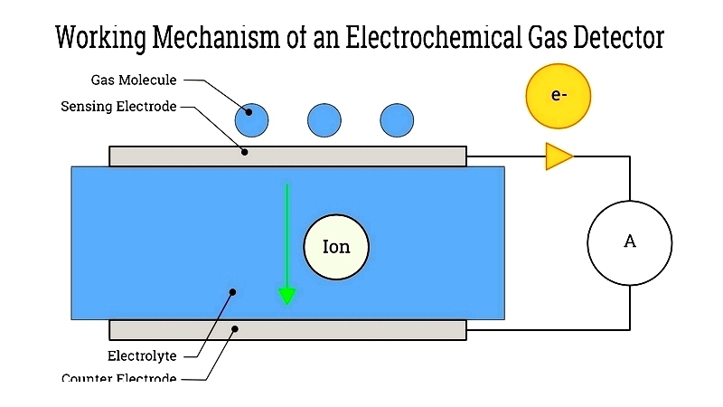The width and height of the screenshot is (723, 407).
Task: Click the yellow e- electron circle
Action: pos(558,94)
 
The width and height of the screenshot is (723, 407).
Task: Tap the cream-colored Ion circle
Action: pos(336,246)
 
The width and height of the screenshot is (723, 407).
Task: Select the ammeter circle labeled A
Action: pos(630,242)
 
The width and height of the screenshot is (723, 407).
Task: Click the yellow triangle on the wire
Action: pos(559,156)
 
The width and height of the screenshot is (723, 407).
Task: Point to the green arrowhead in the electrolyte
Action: pos(287,296)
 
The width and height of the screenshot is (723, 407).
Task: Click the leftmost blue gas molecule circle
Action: pos(252,119)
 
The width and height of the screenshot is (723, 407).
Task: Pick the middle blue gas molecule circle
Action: pos(324,119)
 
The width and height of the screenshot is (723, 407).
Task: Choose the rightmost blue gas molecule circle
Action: pos(397,119)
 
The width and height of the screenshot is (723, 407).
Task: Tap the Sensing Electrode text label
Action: pos(118,106)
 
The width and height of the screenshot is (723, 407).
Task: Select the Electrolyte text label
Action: pos(141,355)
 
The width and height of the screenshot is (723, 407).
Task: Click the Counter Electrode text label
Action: pos(118,379)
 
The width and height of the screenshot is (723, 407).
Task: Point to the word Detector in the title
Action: pos(613,38)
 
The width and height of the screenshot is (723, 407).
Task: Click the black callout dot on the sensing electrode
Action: pos(245,151)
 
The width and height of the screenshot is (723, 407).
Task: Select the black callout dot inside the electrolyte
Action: pos(233,291)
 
